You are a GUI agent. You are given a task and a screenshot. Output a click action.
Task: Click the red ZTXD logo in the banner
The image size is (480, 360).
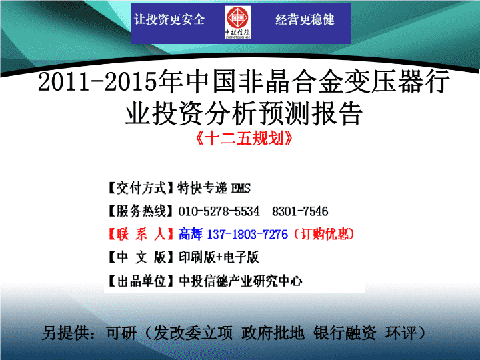pos(238,23)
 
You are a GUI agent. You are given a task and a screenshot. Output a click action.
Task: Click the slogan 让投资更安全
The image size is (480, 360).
pos(169,19)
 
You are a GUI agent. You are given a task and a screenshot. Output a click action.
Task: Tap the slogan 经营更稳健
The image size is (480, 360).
pos(305,19)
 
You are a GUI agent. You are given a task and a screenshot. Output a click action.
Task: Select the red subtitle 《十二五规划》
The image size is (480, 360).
pos(244,139)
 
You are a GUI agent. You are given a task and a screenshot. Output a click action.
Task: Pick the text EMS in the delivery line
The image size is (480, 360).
pos(241,188)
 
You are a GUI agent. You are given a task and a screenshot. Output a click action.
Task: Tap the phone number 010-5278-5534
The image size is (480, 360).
pos(219,211)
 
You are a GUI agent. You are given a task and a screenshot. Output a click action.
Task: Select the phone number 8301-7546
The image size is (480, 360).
pos(300,211)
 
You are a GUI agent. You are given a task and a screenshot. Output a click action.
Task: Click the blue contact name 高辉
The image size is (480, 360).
pos(191,234)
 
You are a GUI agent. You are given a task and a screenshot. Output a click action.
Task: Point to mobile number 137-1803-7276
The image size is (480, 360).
pos(247,235)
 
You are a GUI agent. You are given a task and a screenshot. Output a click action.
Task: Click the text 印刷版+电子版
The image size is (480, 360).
pos(219,257)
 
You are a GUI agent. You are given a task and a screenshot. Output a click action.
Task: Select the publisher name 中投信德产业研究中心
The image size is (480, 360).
pos(241,281)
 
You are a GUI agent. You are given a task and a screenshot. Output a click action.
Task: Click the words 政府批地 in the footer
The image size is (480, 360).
pos(273,333)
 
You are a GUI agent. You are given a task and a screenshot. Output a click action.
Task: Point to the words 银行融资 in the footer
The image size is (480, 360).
pos(345,333)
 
